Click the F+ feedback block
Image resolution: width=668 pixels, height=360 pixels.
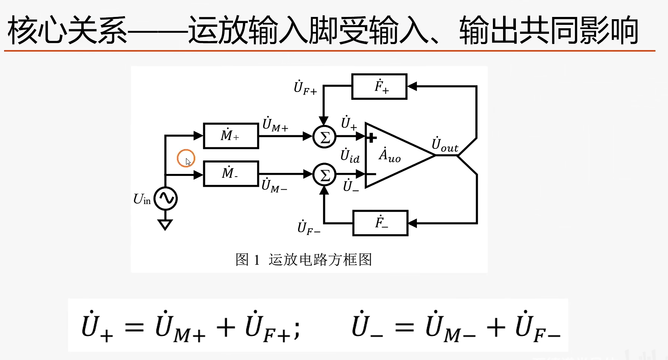click(x=379, y=87)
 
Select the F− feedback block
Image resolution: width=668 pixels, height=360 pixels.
click(x=380, y=223)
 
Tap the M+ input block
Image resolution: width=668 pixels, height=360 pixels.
click(x=231, y=136)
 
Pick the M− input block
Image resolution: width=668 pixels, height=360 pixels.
click(x=231, y=174)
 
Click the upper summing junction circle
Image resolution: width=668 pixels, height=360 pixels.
click(x=324, y=137)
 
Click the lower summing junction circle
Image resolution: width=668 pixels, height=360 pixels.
click(x=324, y=174)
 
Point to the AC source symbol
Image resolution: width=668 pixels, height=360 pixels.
click(x=166, y=198)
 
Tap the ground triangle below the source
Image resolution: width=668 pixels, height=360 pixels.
click(x=165, y=225)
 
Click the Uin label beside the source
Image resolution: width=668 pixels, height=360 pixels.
click(x=142, y=199)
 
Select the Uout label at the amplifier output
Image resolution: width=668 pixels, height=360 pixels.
click(x=445, y=145)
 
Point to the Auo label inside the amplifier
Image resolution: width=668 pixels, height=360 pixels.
click(x=389, y=155)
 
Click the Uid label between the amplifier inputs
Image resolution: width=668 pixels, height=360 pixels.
click(x=350, y=156)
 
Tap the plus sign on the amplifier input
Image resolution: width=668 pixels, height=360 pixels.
click(x=371, y=138)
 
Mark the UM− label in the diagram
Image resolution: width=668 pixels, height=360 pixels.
click(x=274, y=186)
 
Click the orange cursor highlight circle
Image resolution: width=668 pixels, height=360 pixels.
click(x=186, y=158)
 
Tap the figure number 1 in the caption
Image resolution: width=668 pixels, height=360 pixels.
click(x=257, y=260)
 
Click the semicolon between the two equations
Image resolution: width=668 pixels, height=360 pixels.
click(x=297, y=331)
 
